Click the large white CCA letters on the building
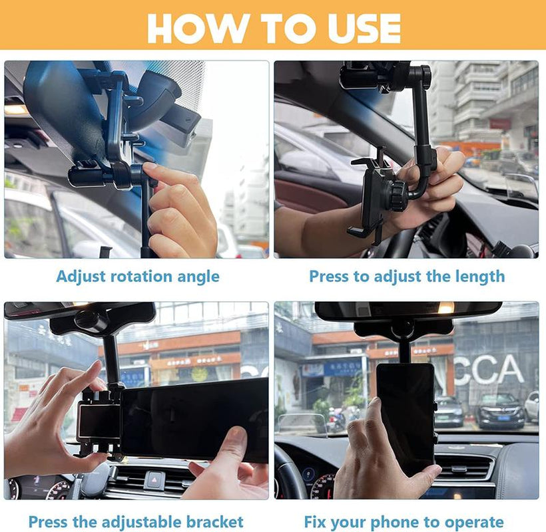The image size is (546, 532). coord(488,370)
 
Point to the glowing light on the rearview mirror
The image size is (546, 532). coord(445,308)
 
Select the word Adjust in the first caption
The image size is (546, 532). coord(80,277)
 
